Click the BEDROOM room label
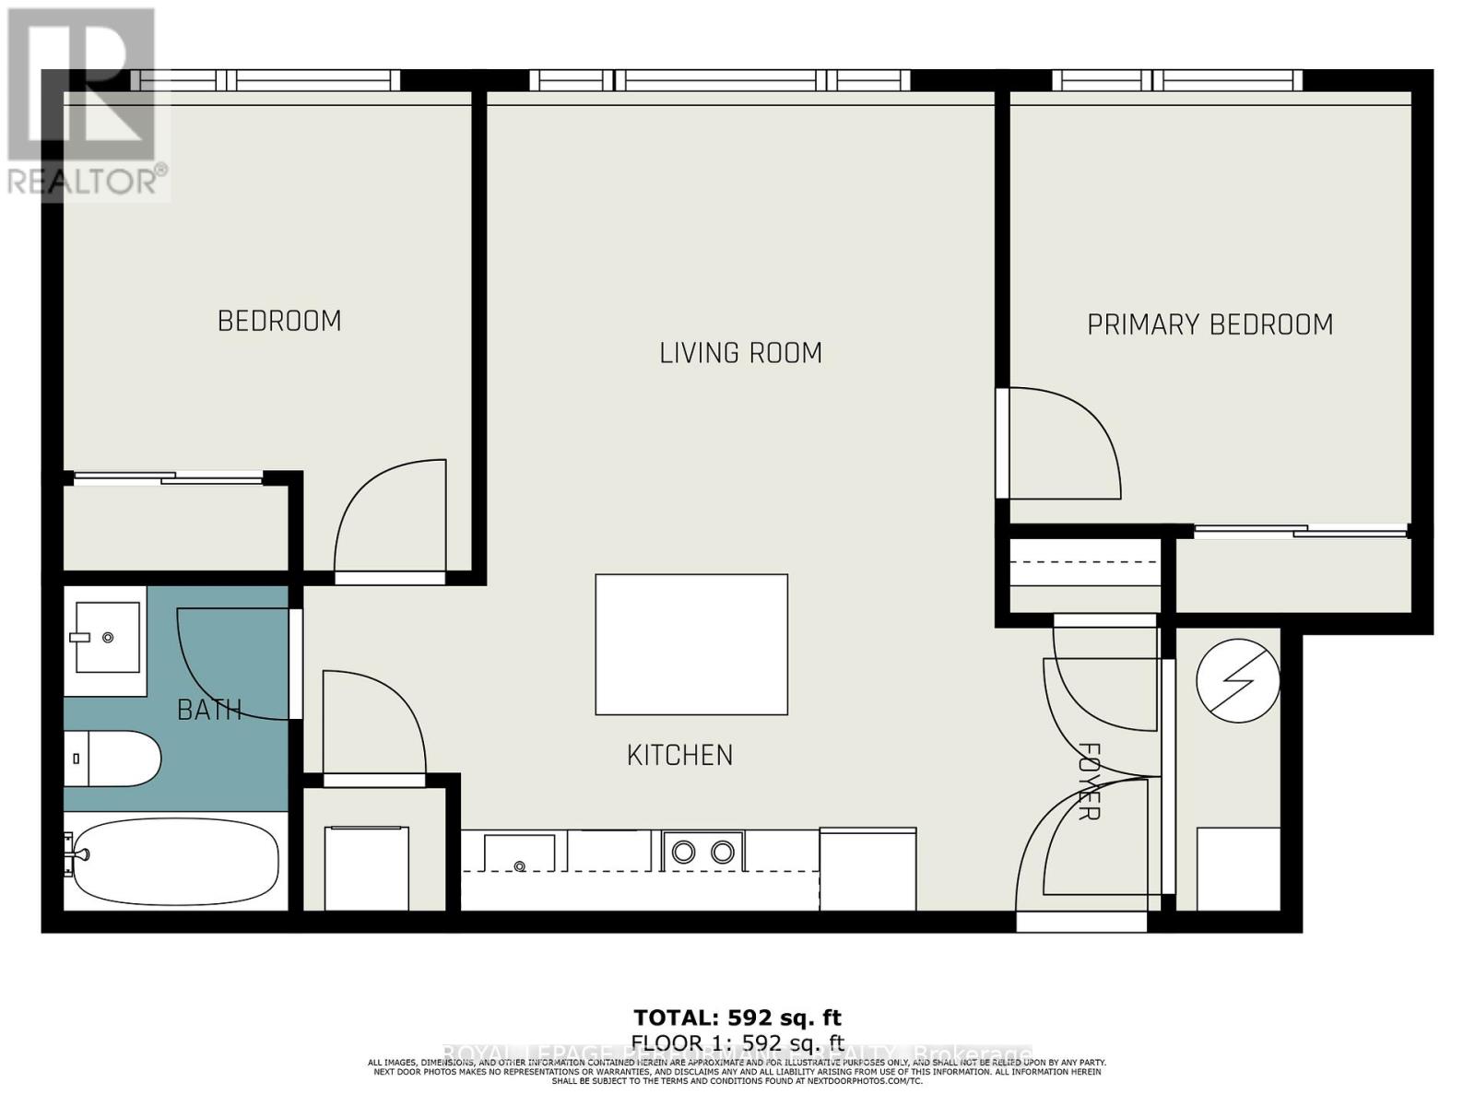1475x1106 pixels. [279, 321]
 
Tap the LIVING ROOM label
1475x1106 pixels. [740, 353]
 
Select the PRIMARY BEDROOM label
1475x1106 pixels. [1209, 324]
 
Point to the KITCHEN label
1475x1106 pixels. [679, 756]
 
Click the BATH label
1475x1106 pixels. [209, 710]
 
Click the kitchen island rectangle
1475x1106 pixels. [690, 644]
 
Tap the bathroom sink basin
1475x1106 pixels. [107, 637]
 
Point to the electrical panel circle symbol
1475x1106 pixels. [1237, 680]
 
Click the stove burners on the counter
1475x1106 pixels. [702, 852]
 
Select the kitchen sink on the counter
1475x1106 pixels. [519, 853]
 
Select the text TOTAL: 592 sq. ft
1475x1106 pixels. [737, 1018]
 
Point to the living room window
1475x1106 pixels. [720, 81]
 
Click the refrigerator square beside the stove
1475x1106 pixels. [867, 868]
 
